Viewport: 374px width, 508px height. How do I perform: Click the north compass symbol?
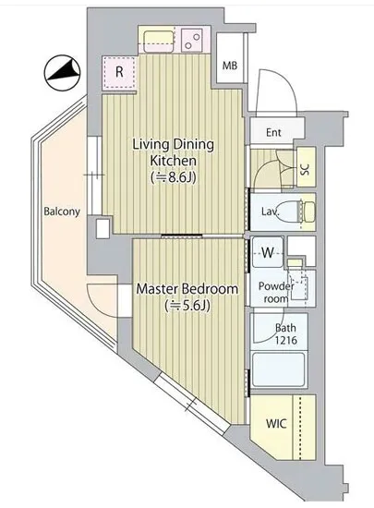pyautogui.click(x=62, y=73)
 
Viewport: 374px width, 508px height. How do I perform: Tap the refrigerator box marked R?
pyautogui.click(x=119, y=72)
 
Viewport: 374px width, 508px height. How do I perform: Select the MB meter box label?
pyautogui.click(x=230, y=66)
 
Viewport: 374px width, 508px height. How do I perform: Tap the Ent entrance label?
pyautogui.click(x=273, y=132)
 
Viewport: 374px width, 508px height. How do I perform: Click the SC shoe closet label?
pyautogui.click(x=306, y=169)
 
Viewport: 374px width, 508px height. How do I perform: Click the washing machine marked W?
pyautogui.click(x=268, y=252)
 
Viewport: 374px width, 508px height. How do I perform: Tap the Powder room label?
pyautogui.click(x=276, y=292)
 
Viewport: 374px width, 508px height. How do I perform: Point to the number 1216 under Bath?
pyautogui.click(x=286, y=340)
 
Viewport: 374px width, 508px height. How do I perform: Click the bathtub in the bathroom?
pyautogui.click(x=279, y=369)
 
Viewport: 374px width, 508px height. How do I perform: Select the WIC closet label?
pyautogui.click(x=276, y=423)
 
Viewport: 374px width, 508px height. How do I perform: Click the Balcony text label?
pyautogui.click(x=62, y=212)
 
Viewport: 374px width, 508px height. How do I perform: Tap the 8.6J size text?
pyautogui.click(x=174, y=177)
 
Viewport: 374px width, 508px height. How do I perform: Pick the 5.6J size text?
pyautogui.click(x=187, y=305)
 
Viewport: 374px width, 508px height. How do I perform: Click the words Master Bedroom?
pyautogui.click(x=187, y=288)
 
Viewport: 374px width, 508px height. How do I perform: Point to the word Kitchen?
pyautogui.click(x=174, y=161)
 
